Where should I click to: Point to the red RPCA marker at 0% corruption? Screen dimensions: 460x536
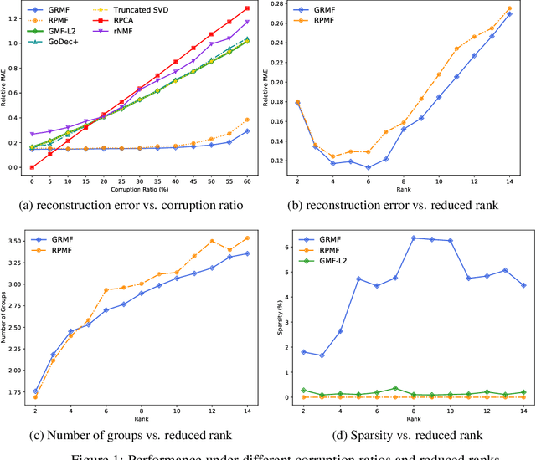(33, 167)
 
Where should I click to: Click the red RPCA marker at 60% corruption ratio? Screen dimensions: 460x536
(247, 8)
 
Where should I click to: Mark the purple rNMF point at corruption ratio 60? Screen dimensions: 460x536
(247, 22)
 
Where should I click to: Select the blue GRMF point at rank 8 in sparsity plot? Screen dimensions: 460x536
(414, 238)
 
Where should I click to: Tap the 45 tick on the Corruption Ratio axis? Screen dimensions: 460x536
(193, 181)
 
